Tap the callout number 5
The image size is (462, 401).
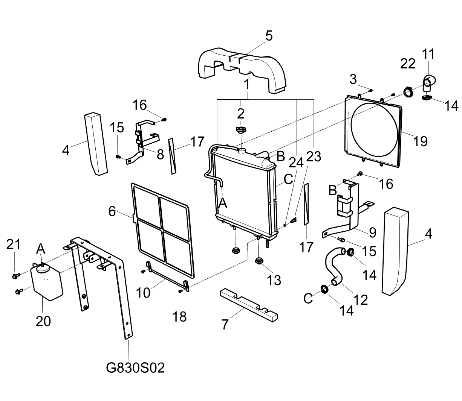[269, 36]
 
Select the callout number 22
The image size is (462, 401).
[408, 64]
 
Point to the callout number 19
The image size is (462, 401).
[421, 141]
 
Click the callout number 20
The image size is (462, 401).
[43, 321]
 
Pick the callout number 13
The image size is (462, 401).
[274, 280]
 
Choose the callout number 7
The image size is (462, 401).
[225, 324]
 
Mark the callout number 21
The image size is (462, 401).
[13, 245]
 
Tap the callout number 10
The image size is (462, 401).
[143, 293]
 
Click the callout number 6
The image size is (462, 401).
[112, 211]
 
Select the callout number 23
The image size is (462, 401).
[314, 156]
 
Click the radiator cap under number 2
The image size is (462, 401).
[241, 130]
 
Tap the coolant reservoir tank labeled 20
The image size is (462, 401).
[47, 281]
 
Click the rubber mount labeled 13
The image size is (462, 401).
[259, 261]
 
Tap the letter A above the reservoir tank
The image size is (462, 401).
[41, 249]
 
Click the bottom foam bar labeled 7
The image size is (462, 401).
[249, 305]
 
